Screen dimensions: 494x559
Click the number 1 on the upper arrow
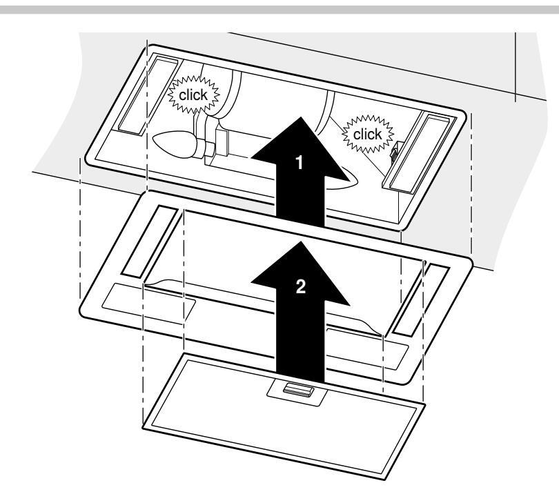(x=299, y=163)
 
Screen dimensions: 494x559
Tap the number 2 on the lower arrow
(x=299, y=288)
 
